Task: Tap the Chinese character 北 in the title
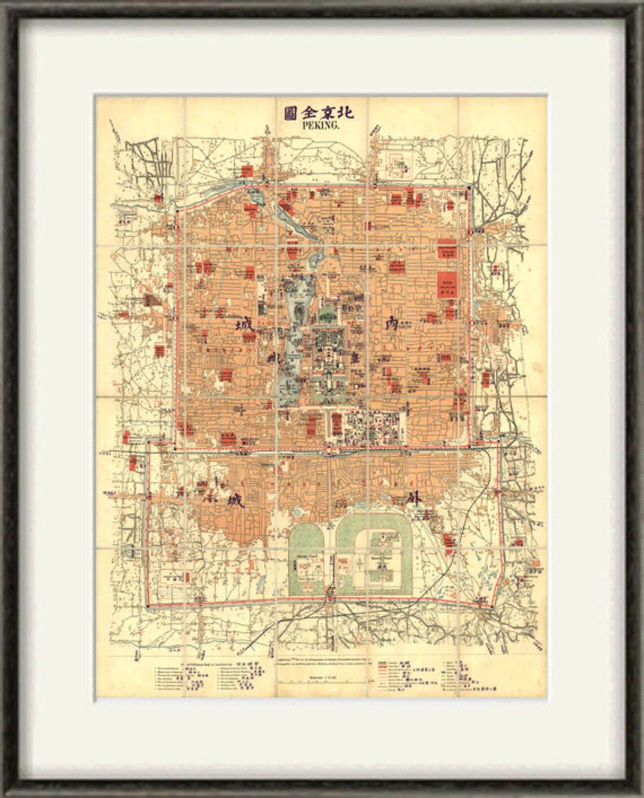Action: [x=345, y=112]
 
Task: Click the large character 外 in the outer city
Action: [x=415, y=500]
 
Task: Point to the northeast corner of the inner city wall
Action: [x=468, y=190]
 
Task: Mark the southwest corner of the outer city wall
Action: [x=148, y=605]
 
